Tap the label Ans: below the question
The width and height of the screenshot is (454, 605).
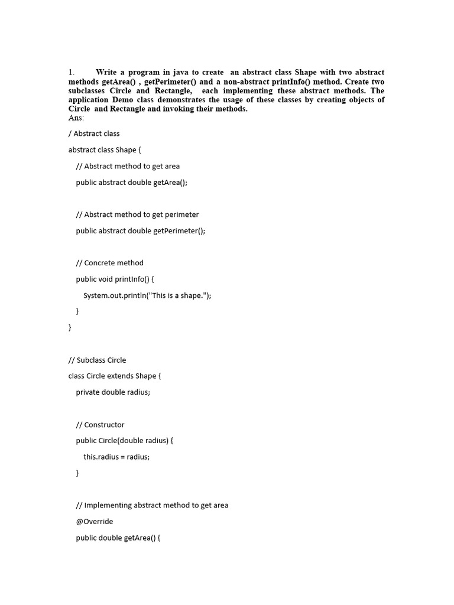point(76,118)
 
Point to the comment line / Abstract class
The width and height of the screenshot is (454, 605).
point(94,134)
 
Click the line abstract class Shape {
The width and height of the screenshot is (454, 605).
point(105,150)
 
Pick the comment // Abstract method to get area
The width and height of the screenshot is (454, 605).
point(128,166)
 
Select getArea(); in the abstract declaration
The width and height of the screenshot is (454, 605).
point(170,183)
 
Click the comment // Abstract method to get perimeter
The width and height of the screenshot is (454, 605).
point(137,214)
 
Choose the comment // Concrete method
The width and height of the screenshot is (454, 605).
point(109,263)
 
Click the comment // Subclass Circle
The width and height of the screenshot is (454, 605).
point(97,360)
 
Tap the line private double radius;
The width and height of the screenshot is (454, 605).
point(113,392)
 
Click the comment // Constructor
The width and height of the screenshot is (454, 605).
point(100,425)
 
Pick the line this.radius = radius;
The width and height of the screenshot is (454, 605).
point(116,457)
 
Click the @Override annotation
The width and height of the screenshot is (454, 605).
point(95,522)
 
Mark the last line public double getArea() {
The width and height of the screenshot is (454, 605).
point(118,538)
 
